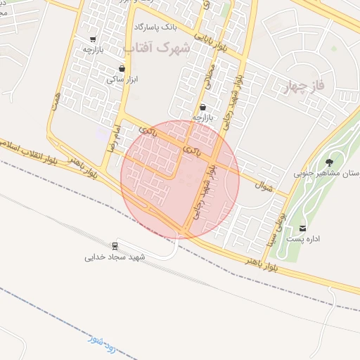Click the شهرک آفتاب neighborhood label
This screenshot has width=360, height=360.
point(157,48)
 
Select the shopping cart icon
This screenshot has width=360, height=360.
point(94,39)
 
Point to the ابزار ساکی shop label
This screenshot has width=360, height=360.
point(120,80)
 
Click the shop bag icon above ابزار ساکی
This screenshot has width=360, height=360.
point(123,69)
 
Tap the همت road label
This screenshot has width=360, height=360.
point(55,99)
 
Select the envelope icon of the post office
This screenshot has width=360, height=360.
point(303,228)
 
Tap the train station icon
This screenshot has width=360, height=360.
point(115,246)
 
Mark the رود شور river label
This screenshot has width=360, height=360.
point(101,345)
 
